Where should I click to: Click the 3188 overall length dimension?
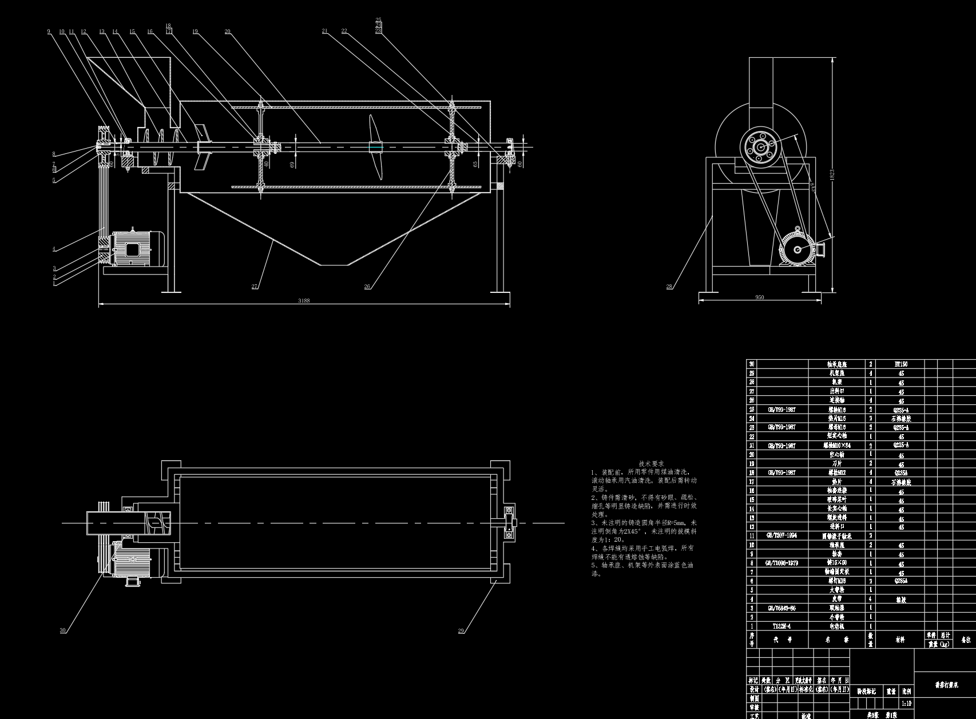click(304, 300)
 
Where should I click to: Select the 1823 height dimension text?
click(832, 173)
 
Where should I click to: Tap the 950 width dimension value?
click(759, 297)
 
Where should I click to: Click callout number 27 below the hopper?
click(254, 287)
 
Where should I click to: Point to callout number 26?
click(367, 287)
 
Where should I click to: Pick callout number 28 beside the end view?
click(669, 287)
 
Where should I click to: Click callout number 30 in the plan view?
click(62, 630)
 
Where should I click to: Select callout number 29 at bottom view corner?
click(461, 631)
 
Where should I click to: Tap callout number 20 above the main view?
click(227, 31)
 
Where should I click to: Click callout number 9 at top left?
click(49, 31)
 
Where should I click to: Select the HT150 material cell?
click(900, 364)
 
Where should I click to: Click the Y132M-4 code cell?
click(781, 626)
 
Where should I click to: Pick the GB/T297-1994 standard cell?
click(781, 536)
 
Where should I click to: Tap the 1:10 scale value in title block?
click(906, 704)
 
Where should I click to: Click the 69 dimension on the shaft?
click(292, 164)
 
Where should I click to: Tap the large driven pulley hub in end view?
click(760, 147)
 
